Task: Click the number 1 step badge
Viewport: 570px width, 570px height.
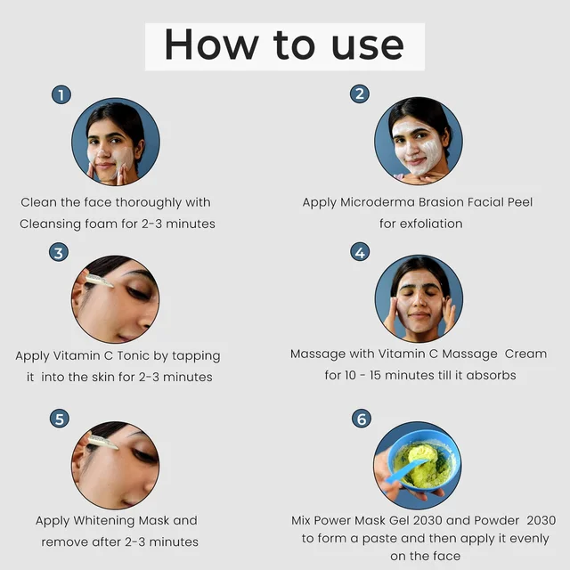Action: pyautogui.click(x=61, y=95)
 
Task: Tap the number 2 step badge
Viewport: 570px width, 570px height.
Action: pyautogui.click(x=360, y=94)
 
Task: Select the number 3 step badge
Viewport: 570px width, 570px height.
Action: pyautogui.click(x=59, y=252)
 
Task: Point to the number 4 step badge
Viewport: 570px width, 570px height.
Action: pyautogui.click(x=360, y=251)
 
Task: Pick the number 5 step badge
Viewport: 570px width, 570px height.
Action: pyautogui.click(x=60, y=419)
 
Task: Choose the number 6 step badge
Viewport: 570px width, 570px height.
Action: pyautogui.click(x=362, y=419)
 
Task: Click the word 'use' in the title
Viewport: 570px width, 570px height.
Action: pyautogui.click(x=368, y=45)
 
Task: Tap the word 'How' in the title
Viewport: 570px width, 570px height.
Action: pyautogui.click(x=211, y=45)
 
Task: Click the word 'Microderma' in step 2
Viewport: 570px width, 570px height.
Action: pyautogui.click(x=377, y=202)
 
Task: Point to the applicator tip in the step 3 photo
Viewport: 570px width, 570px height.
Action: pyautogui.click(x=110, y=285)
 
